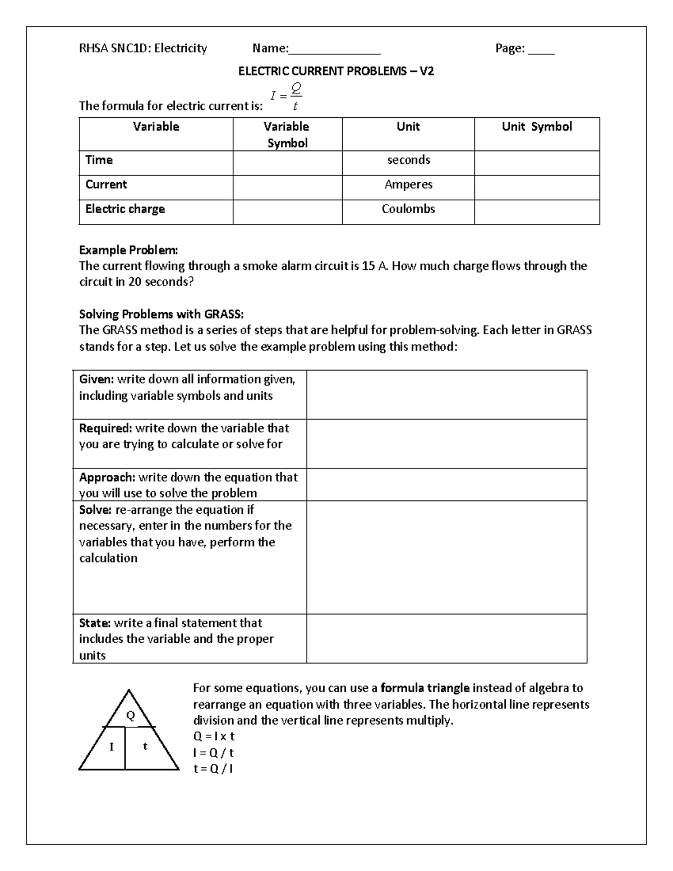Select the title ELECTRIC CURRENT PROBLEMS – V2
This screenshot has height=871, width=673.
click(336, 72)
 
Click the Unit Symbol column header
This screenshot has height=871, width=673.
click(537, 127)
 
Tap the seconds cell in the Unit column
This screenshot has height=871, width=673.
click(408, 160)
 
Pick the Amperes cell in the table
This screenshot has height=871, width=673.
click(408, 185)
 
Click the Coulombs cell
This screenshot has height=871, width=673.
click(408, 209)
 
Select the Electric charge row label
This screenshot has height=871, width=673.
click(125, 209)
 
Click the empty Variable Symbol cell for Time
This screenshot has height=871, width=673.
click(287, 163)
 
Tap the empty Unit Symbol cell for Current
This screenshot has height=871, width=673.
click(537, 187)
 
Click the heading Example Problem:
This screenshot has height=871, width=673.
click(128, 250)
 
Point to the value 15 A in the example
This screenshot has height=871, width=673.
click(375, 266)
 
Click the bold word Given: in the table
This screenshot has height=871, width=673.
click(96, 380)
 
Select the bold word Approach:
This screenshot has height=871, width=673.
click(107, 477)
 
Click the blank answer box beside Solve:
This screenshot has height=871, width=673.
click(446, 557)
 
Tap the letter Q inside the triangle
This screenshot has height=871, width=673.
click(131, 716)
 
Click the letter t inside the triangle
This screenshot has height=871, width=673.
click(145, 746)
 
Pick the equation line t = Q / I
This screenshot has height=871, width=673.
click(213, 769)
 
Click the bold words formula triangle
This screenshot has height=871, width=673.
click(425, 688)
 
